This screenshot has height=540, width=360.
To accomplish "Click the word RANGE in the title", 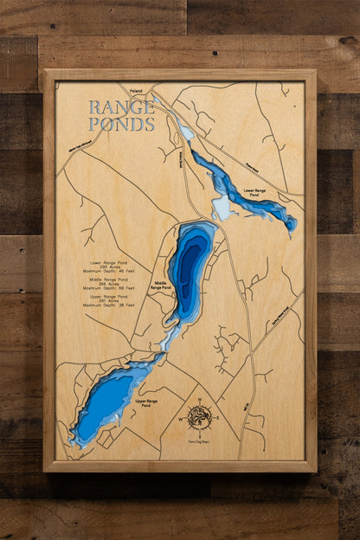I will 121,108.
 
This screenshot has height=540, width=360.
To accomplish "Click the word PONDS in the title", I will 121,124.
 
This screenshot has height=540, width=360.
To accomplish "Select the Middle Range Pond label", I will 161,285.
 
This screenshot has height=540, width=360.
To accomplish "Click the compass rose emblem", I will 199,417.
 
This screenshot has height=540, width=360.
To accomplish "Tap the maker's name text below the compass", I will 199,442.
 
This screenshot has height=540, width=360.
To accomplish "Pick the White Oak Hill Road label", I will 78,149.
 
